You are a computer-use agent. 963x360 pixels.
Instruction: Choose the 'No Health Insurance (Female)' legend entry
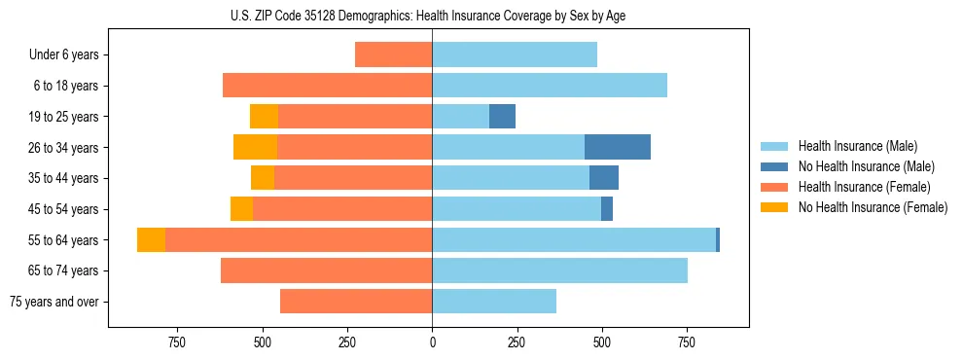873,207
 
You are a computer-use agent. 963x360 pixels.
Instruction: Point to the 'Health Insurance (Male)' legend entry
857,146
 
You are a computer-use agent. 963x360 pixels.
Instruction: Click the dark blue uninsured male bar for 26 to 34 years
617,147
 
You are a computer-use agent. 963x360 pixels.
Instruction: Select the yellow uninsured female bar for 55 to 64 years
151,239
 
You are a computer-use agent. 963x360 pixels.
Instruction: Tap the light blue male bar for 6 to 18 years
550,86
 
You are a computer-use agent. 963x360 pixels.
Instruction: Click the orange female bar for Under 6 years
393,54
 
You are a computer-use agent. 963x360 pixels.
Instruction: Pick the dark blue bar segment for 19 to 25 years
502,117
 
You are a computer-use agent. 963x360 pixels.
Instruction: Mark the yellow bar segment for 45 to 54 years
241,209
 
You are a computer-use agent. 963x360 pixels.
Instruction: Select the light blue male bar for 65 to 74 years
559,270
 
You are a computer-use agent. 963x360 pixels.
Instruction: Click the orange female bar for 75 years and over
356,302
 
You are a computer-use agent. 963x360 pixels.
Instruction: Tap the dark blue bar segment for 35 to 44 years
604,178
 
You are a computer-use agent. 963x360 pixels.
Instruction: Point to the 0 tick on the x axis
432,342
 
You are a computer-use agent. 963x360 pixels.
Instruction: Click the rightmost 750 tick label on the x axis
687,342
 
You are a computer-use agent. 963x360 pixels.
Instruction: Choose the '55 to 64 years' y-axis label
64,240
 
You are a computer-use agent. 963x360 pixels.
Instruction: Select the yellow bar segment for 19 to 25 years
264,117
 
